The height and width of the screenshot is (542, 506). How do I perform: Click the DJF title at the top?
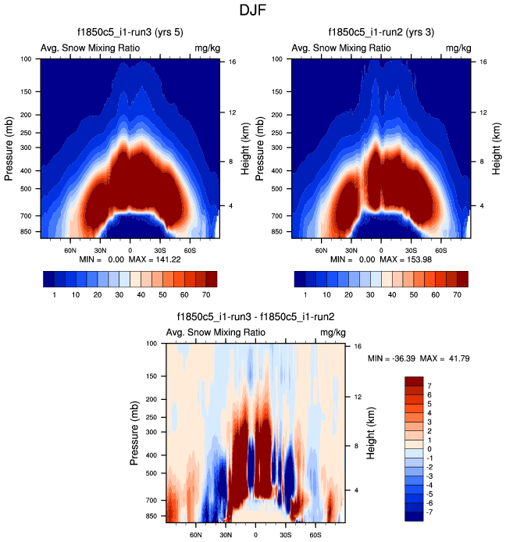tap(253, 11)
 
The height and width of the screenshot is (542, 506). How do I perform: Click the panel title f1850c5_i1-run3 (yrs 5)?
tap(130, 33)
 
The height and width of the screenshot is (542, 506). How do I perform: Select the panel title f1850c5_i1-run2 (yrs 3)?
tap(382, 33)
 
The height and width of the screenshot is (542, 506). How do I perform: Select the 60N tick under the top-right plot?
tap(322, 251)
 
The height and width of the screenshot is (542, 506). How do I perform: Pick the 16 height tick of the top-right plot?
tap(484, 61)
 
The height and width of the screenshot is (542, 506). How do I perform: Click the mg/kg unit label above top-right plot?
tap(459, 48)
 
